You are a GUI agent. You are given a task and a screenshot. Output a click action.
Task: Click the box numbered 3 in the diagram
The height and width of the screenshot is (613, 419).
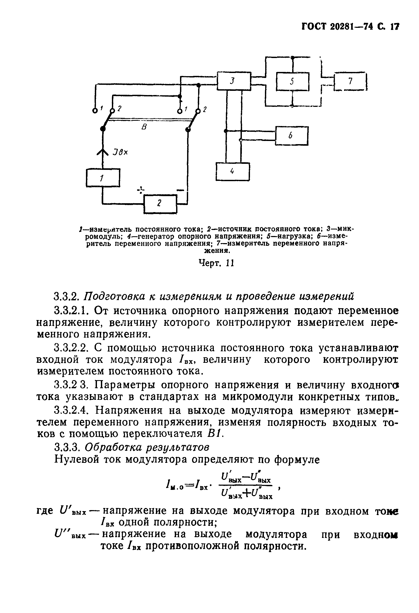(x=233, y=81)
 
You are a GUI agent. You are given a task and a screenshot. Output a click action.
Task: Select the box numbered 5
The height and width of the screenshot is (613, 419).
(x=292, y=81)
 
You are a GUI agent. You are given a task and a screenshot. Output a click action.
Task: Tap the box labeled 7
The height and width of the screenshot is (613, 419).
(x=351, y=81)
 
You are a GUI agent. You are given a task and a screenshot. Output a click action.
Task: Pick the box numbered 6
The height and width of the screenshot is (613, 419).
(x=292, y=135)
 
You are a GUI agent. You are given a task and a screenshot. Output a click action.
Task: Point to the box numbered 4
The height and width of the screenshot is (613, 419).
(x=233, y=171)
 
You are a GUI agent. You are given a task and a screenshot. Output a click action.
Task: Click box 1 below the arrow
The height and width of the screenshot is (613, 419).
(x=103, y=178)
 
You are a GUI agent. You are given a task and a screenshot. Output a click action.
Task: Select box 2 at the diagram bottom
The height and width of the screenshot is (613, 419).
(x=160, y=204)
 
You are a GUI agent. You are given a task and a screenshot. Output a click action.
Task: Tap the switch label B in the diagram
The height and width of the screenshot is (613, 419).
(x=144, y=127)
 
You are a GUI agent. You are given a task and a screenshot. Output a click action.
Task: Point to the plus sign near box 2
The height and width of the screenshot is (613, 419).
(x=142, y=189)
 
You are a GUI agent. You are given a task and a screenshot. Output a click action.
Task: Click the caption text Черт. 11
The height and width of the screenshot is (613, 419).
(x=216, y=263)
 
